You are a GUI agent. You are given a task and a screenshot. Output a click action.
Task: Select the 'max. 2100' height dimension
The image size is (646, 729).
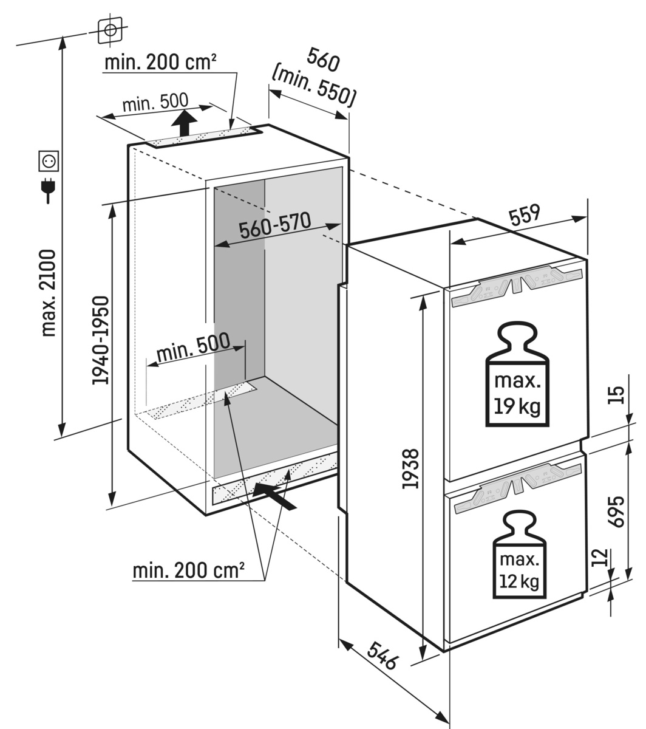pos(49,292)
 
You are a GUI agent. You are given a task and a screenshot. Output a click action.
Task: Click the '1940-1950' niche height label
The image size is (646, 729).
pos(100,340)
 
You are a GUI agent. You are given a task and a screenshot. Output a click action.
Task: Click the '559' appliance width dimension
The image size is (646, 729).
pos(525,216)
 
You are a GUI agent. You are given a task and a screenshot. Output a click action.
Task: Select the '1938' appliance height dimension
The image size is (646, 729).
pos(411,468)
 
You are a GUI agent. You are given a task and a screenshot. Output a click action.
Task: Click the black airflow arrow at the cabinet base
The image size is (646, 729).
pos(274,495)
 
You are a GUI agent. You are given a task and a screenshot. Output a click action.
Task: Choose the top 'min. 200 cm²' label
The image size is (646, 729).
pos(160,62)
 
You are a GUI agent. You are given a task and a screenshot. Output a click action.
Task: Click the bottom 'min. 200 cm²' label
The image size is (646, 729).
pos(189,570)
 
